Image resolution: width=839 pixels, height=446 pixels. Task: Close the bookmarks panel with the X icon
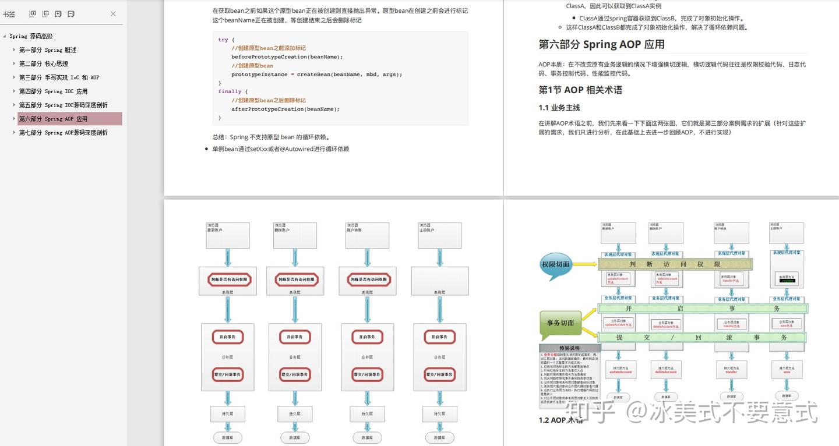(113, 14)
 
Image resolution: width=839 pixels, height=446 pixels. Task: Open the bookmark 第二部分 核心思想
(44, 63)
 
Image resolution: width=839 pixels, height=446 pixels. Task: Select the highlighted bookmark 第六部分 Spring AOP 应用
(53, 119)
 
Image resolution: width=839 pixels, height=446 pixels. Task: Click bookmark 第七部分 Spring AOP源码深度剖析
(63, 133)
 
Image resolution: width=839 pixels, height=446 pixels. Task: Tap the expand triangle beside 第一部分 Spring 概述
(14, 50)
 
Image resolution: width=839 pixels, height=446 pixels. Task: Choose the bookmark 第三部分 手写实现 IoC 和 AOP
(59, 77)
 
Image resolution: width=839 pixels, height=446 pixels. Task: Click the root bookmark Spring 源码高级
(31, 36)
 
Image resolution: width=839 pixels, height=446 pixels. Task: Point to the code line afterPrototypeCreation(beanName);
(285, 109)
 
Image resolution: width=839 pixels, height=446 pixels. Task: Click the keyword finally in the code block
(230, 91)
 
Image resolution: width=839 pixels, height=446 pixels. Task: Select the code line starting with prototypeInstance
(316, 75)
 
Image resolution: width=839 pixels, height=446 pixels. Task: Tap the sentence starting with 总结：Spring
(272, 137)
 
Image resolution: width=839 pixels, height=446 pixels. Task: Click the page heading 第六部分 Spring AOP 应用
(601, 45)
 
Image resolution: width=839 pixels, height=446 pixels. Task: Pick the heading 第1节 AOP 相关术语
(580, 90)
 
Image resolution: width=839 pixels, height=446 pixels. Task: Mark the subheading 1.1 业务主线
(559, 108)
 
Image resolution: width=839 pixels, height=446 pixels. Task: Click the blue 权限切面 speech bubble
(555, 264)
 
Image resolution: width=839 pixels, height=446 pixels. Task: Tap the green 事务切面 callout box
(560, 323)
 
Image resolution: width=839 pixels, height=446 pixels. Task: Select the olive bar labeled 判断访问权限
(675, 264)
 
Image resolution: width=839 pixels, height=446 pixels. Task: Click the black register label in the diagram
(788, 281)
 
